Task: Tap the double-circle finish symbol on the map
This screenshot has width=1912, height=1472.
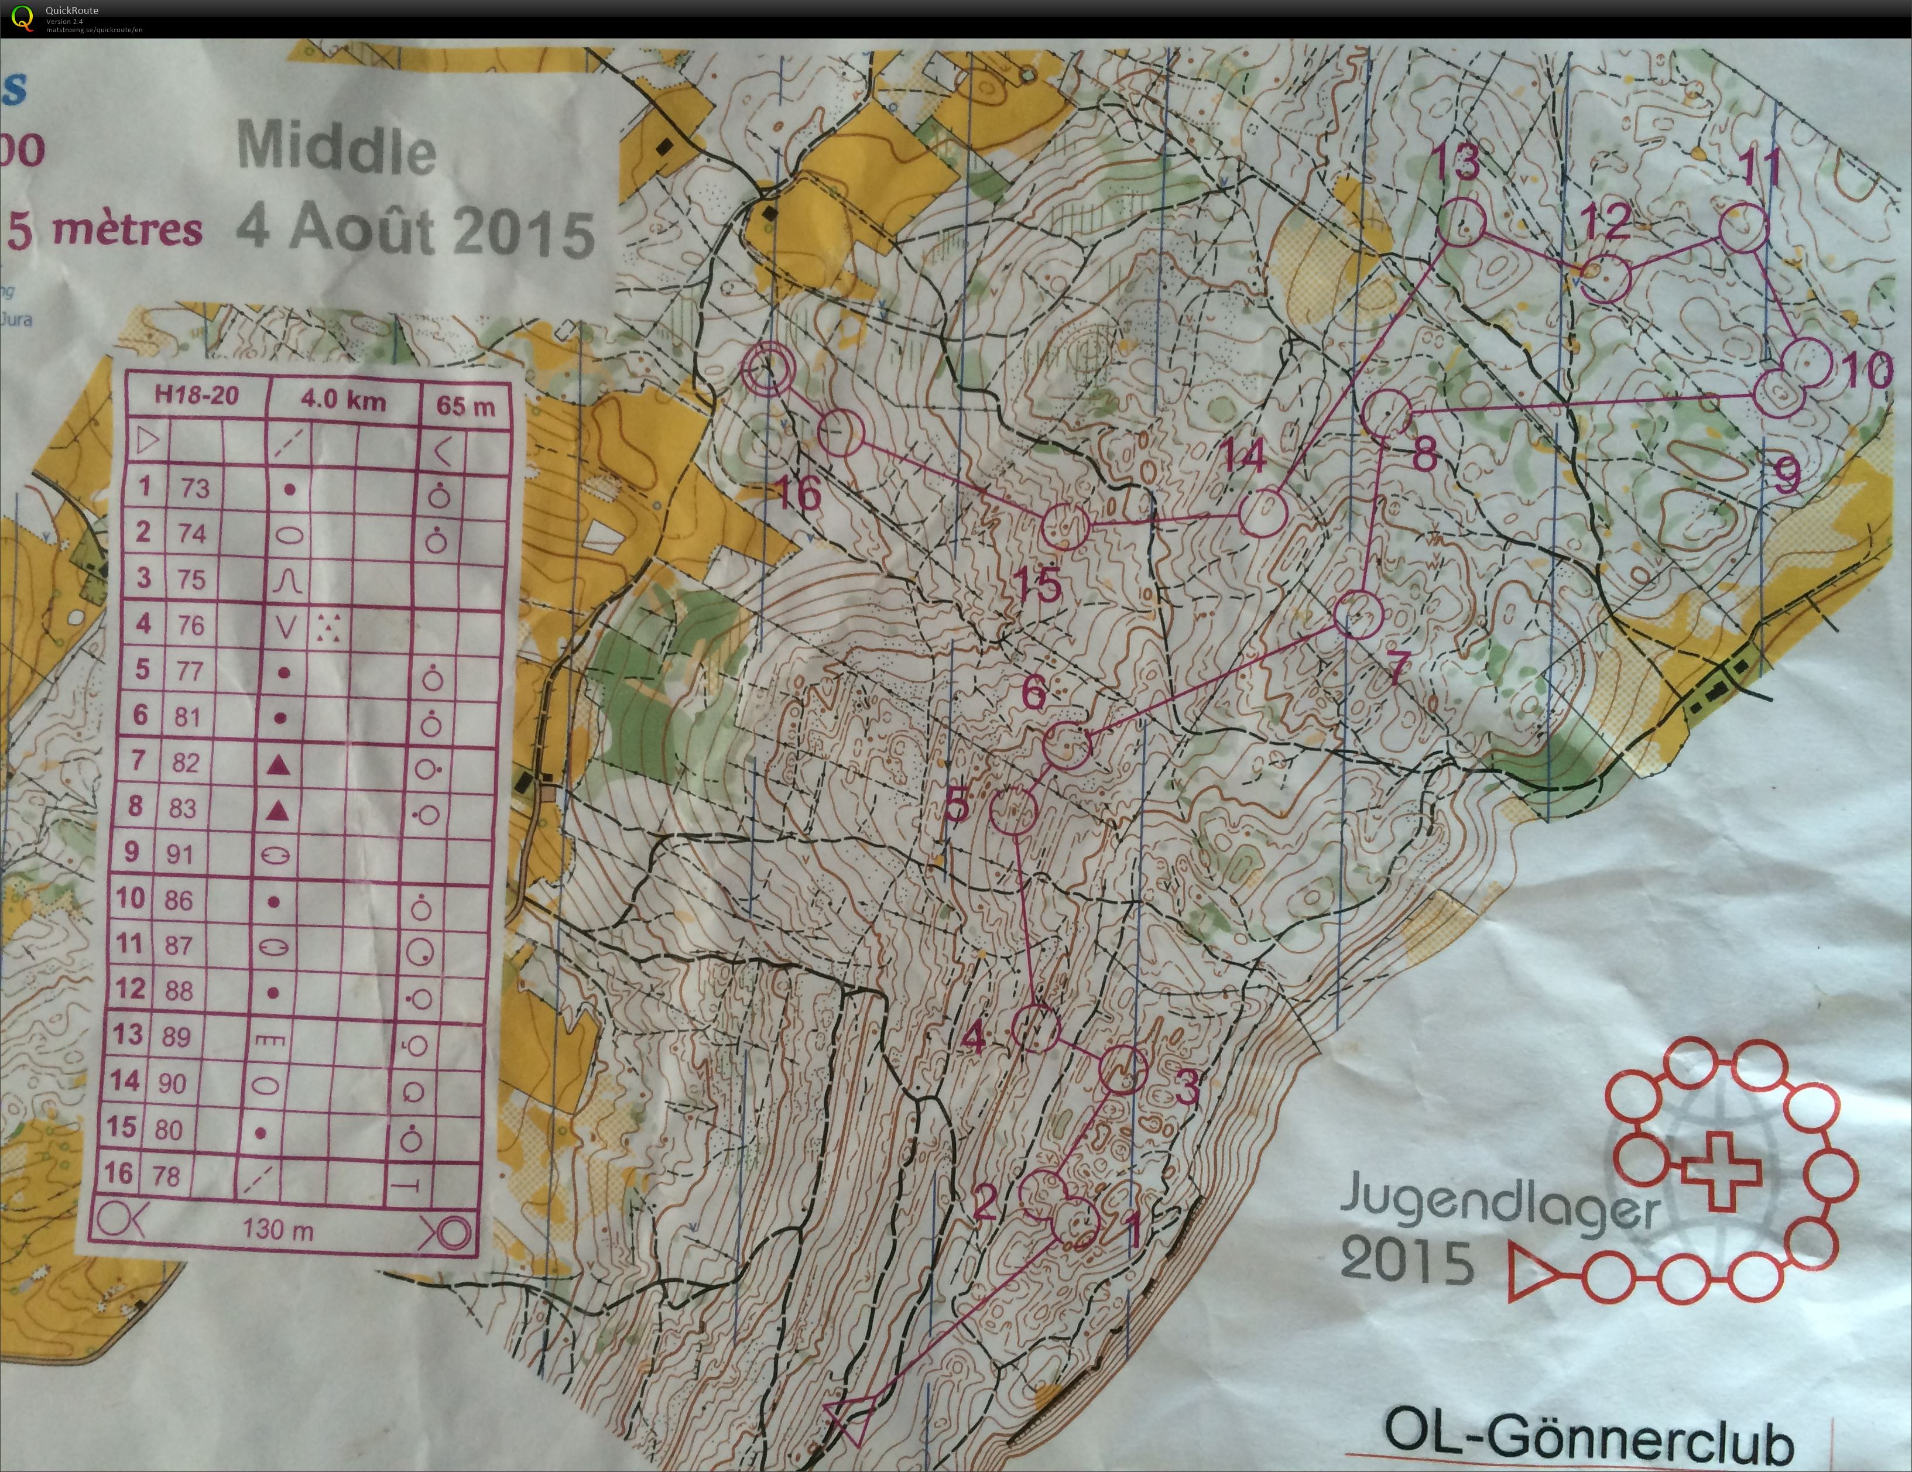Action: click(767, 368)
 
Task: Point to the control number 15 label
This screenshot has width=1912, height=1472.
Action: click(1039, 583)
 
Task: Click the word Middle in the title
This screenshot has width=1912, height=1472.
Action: click(336, 149)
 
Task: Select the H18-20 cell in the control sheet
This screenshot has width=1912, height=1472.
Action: click(196, 396)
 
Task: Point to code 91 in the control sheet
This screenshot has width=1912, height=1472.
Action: click(180, 853)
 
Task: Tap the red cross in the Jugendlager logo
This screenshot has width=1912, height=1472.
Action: click(1719, 1171)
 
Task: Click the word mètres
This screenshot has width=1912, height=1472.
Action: click(127, 229)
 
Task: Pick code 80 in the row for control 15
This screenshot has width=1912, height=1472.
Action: click(168, 1129)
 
